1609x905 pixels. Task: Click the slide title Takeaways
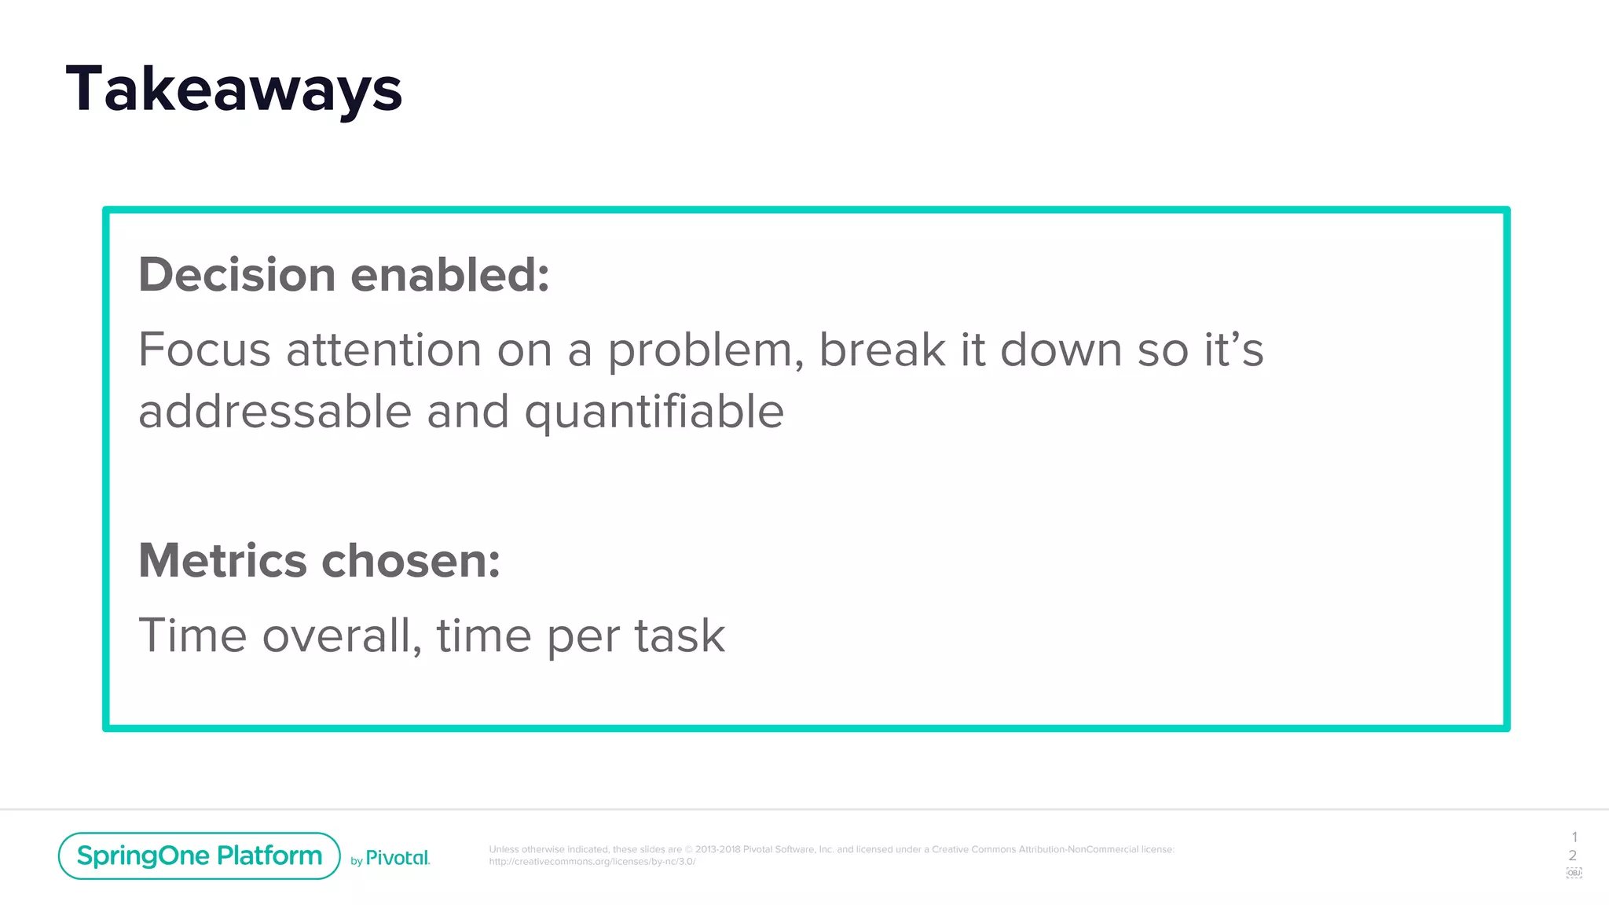[233, 90]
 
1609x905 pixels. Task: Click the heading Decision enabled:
[343, 275]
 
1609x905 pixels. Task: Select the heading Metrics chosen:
[319, 561]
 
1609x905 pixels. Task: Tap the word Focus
[204, 350]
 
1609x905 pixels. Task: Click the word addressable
[274, 412]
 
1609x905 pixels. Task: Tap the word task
[680, 636]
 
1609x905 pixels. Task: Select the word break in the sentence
[882, 350]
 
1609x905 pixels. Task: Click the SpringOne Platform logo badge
[199, 856]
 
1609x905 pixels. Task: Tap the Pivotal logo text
[398, 858]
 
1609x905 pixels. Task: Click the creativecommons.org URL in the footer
[592, 862]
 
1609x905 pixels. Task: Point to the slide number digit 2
[1573, 856]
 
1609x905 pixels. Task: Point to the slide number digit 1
[1574, 837]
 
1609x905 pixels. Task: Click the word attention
[383, 350]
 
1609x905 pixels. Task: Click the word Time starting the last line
[192, 636]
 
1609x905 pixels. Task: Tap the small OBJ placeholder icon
[1574, 873]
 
